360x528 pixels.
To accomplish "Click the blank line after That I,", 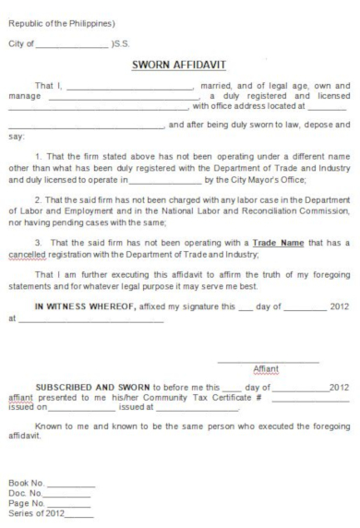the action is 126,87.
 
